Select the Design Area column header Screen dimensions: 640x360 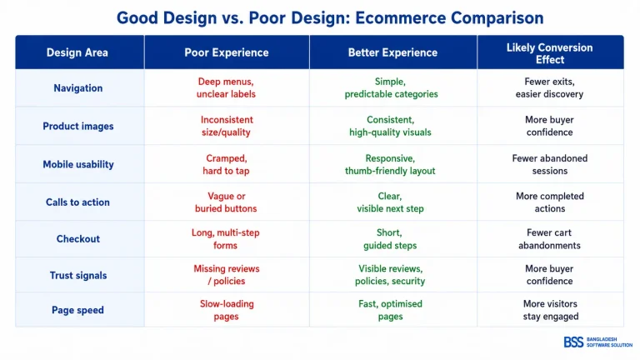tap(77, 52)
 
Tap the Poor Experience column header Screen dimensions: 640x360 tap(227, 52)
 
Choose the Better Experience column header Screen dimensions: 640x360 tap(392, 52)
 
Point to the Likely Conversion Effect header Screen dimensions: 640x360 tap(550, 53)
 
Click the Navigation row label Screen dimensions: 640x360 tap(78, 88)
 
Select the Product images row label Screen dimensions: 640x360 tap(78, 126)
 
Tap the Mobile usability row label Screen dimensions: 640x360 tap(78, 164)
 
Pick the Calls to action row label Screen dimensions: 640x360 tap(77, 202)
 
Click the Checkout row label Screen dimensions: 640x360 tap(78, 239)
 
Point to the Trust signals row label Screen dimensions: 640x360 tap(78, 276)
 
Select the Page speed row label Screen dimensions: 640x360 tap(77, 310)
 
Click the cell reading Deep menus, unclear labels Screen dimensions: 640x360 tap(226, 87)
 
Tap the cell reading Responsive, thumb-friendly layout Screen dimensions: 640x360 tap(390, 164)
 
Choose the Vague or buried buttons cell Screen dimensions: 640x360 tap(226, 202)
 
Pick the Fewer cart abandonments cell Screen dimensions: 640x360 tap(549, 239)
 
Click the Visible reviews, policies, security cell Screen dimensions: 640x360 tap(390, 275)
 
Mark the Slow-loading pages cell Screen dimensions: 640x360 tap(227, 310)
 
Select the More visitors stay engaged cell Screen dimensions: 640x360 tap(551, 310)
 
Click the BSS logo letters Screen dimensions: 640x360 tap(573, 342)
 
